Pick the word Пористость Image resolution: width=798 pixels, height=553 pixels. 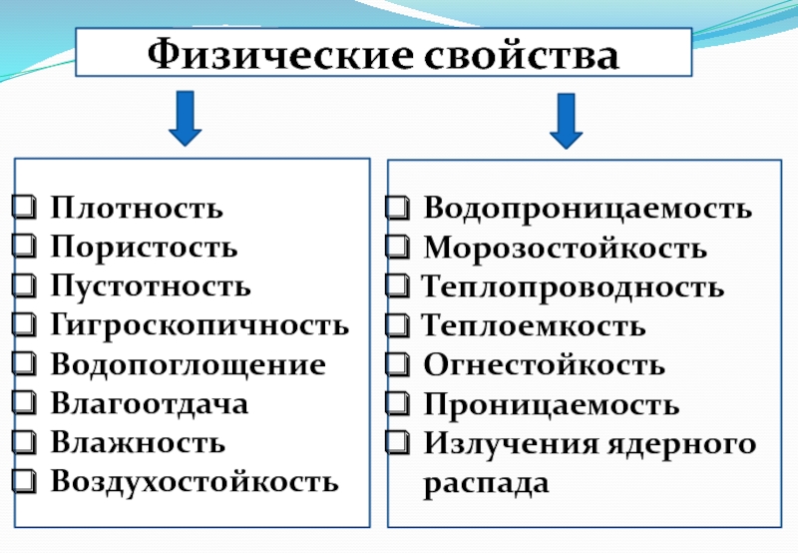point(144,247)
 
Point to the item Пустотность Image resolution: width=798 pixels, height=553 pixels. point(151,285)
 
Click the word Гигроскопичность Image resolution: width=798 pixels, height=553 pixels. point(200,324)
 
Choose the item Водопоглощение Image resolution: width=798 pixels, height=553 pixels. point(189,363)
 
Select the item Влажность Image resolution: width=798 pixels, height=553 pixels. point(138,441)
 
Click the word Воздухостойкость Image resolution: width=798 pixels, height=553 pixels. point(195,480)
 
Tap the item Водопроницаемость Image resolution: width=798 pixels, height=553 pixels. point(588,209)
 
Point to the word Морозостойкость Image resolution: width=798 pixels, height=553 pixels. point(565,247)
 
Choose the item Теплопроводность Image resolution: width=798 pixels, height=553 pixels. point(573,287)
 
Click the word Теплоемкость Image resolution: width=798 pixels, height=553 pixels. point(534,325)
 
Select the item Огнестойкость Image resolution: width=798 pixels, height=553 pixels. point(544,364)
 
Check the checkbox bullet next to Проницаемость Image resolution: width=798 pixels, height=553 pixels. point(398,404)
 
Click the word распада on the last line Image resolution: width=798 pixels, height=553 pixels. point(486,483)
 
